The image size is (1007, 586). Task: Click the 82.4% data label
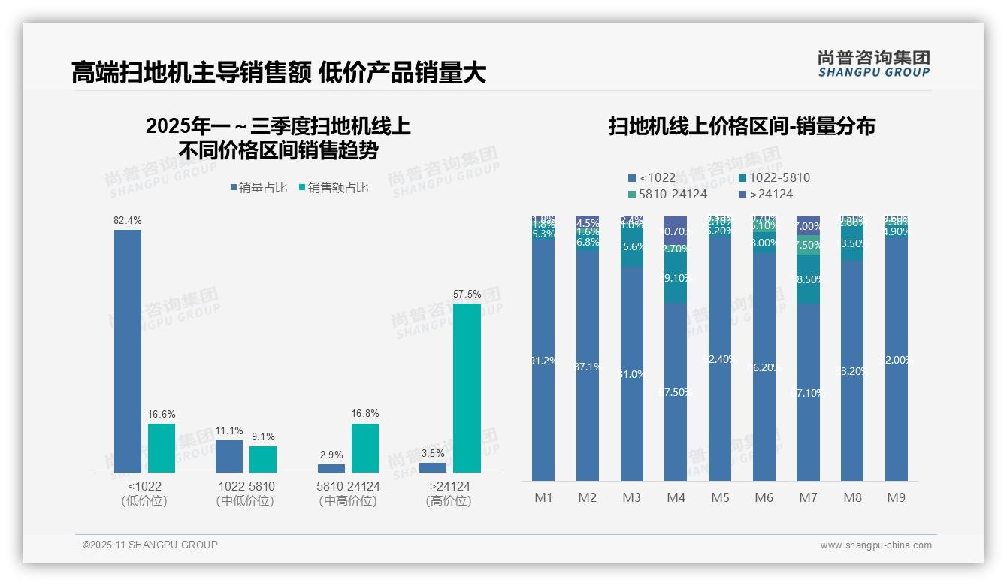pyautogui.click(x=127, y=221)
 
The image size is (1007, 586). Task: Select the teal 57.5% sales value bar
pyautogui.click(x=467, y=387)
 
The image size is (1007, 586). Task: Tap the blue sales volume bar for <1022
pyautogui.click(x=128, y=351)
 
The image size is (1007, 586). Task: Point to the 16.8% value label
pyautogui.click(x=365, y=414)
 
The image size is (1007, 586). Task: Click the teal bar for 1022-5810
pyautogui.click(x=263, y=459)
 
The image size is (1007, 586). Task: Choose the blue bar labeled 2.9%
pyautogui.click(x=331, y=468)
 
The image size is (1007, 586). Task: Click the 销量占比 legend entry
pyautogui.click(x=259, y=188)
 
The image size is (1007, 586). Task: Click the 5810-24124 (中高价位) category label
pyautogui.click(x=348, y=494)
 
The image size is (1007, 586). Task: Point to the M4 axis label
pyautogui.click(x=676, y=498)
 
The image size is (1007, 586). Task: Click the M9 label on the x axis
pyautogui.click(x=896, y=498)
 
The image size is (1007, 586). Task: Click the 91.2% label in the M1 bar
pyautogui.click(x=543, y=361)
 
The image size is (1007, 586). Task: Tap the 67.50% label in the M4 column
pyautogui.click(x=676, y=392)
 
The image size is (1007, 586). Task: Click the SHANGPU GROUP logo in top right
pyautogui.click(x=873, y=64)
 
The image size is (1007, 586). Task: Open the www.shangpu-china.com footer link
pyautogui.click(x=875, y=545)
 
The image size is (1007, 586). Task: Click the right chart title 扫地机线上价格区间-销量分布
pyautogui.click(x=742, y=126)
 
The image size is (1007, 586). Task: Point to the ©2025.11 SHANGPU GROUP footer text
pyautogui.click(x=150, y=545)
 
